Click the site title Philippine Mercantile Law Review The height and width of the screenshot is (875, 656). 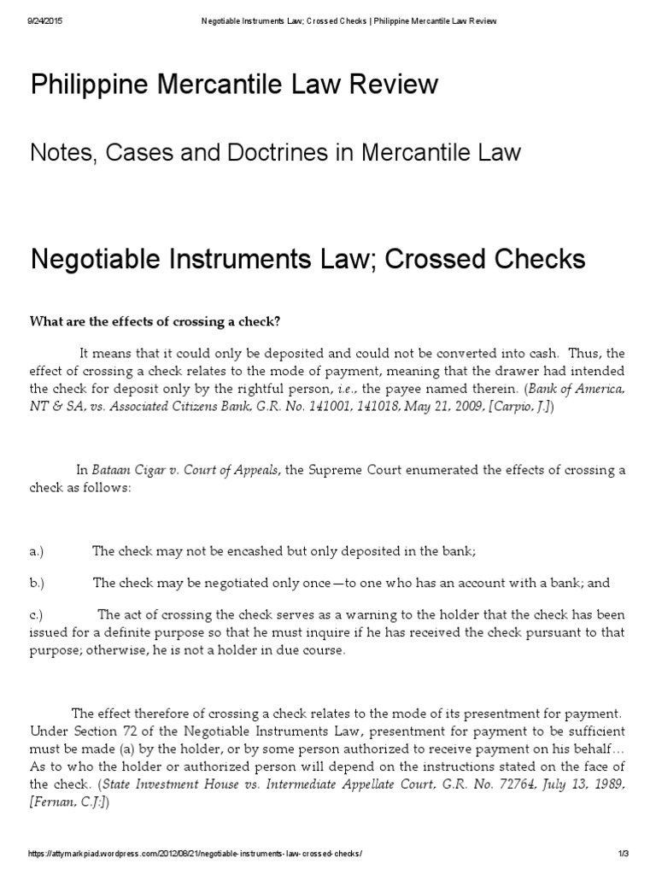pos(234,85)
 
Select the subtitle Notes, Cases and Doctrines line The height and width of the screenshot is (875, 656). pos(275,154)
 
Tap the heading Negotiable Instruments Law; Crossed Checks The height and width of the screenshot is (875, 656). pos(307,258)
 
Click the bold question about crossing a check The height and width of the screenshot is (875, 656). pos(155,321)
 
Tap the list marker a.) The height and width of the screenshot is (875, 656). pos(37,551)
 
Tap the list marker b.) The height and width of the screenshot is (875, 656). pos(37,583)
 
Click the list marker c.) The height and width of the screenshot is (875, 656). pos(37,614)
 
